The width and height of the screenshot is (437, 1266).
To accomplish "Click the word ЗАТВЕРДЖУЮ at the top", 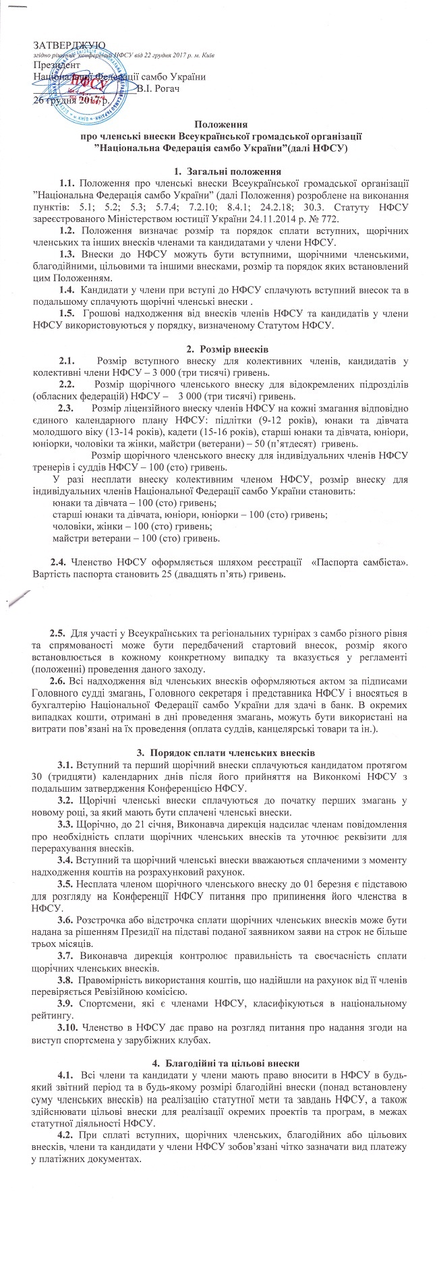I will click(x=61, y=44).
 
